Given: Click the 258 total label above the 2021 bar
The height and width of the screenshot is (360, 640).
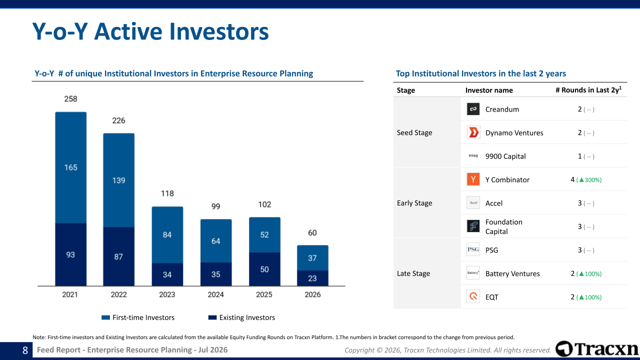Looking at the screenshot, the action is pos(70,99).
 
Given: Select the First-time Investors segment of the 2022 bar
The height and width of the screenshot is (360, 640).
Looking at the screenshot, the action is pos(119,180).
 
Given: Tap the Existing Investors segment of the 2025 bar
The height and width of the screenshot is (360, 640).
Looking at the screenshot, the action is pos(264,269).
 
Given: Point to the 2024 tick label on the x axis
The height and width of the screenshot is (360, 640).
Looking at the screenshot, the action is pos(215,294).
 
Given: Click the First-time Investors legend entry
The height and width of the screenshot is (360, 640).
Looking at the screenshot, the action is pos(138,317).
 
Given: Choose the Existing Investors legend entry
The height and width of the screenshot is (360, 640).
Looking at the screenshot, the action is pos(241,317).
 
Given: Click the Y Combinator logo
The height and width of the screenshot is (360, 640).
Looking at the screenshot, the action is pos(473,179).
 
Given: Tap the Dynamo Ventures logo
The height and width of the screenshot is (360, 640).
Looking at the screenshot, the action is pos(473,132).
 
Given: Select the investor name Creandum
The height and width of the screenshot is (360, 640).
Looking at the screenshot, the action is pos(502,109).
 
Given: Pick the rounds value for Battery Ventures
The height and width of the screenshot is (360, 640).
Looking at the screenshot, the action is pos(586,273).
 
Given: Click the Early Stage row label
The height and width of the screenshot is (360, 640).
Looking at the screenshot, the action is pos(414,203).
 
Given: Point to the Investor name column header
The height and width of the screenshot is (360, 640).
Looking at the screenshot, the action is pos(489,90).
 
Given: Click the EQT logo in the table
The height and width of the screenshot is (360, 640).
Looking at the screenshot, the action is pos(473,296).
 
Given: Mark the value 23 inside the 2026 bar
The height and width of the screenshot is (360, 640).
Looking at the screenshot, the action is pos(312,278).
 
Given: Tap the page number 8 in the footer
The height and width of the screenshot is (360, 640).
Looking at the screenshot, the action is pos(25,350).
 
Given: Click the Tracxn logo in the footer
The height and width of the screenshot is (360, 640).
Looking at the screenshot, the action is pos(597,349).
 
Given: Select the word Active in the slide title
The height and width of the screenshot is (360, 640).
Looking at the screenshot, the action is pos(129,31).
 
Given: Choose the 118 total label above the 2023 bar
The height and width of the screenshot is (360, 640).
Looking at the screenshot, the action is pos(167,193).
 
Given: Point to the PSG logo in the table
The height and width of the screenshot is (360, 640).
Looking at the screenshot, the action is pos(473,249).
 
